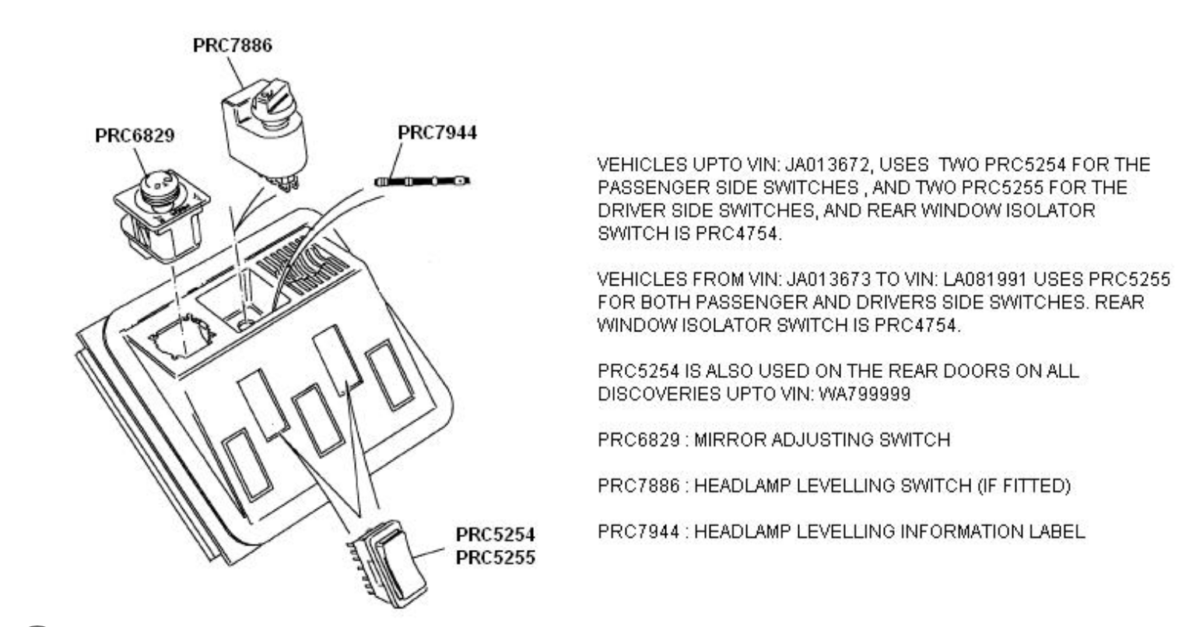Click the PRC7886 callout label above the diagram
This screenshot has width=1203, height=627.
click(x=233, y=45)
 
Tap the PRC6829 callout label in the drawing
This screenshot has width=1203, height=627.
click(x=135, y=135)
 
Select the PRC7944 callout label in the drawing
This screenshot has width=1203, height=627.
click(x=437, y=132)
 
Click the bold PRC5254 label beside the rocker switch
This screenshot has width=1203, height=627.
click(x=495, y=534)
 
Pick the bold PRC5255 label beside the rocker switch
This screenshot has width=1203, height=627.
click(x=495, y=558)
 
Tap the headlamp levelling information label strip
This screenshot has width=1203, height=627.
click(x=422, y=181)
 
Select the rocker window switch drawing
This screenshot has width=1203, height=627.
click(x=387, y=564)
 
